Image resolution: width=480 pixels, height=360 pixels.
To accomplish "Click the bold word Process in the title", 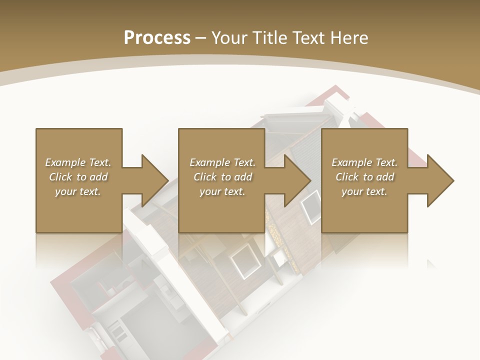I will [157, 37].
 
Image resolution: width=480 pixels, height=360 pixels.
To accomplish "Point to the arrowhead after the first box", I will [152, 180].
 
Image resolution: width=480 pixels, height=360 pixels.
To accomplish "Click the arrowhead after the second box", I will [295, 180].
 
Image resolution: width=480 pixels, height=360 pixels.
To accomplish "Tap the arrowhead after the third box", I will [438, 180].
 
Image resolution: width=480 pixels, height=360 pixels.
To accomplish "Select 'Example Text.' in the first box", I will [78, 162].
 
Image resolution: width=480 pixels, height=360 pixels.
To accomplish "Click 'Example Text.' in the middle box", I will [222, 162].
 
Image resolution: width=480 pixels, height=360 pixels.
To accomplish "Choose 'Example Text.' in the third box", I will [364, 162].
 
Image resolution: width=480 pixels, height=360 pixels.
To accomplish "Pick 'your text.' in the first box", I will [78, 191].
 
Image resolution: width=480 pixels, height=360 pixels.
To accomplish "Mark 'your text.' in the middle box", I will [222, 191].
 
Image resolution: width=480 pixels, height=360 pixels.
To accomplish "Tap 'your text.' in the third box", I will [364, 191].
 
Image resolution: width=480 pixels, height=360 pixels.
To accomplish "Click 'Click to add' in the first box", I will [78, 177].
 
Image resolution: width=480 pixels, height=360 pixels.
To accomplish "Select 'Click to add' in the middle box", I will [222, 177].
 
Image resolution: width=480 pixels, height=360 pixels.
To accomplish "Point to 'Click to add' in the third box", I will [364, 177].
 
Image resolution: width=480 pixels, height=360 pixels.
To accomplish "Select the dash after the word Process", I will [201, 38].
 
